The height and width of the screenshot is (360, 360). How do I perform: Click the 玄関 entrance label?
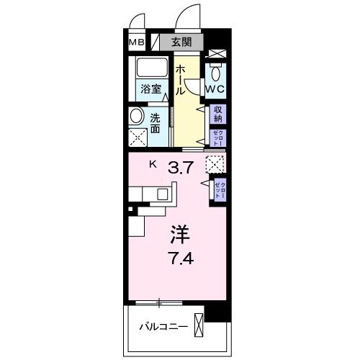coord(182,42)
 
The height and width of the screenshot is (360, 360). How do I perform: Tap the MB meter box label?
coord(136,42)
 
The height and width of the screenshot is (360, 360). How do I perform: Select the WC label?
coord(215,89)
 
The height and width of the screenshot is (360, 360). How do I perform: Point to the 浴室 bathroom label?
coord(150,91)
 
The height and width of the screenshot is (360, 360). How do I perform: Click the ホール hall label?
coord(181,76)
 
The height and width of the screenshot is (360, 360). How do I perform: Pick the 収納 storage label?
coord(217,114)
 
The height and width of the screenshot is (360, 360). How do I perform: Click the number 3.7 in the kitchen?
coord(180,170)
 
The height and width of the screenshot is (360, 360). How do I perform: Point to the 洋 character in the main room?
coord(180,233)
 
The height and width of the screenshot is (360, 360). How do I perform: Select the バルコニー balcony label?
coord(164,327)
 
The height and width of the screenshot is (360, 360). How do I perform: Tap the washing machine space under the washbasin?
coord(138,138)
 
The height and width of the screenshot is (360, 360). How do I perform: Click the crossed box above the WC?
coord(215,53)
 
